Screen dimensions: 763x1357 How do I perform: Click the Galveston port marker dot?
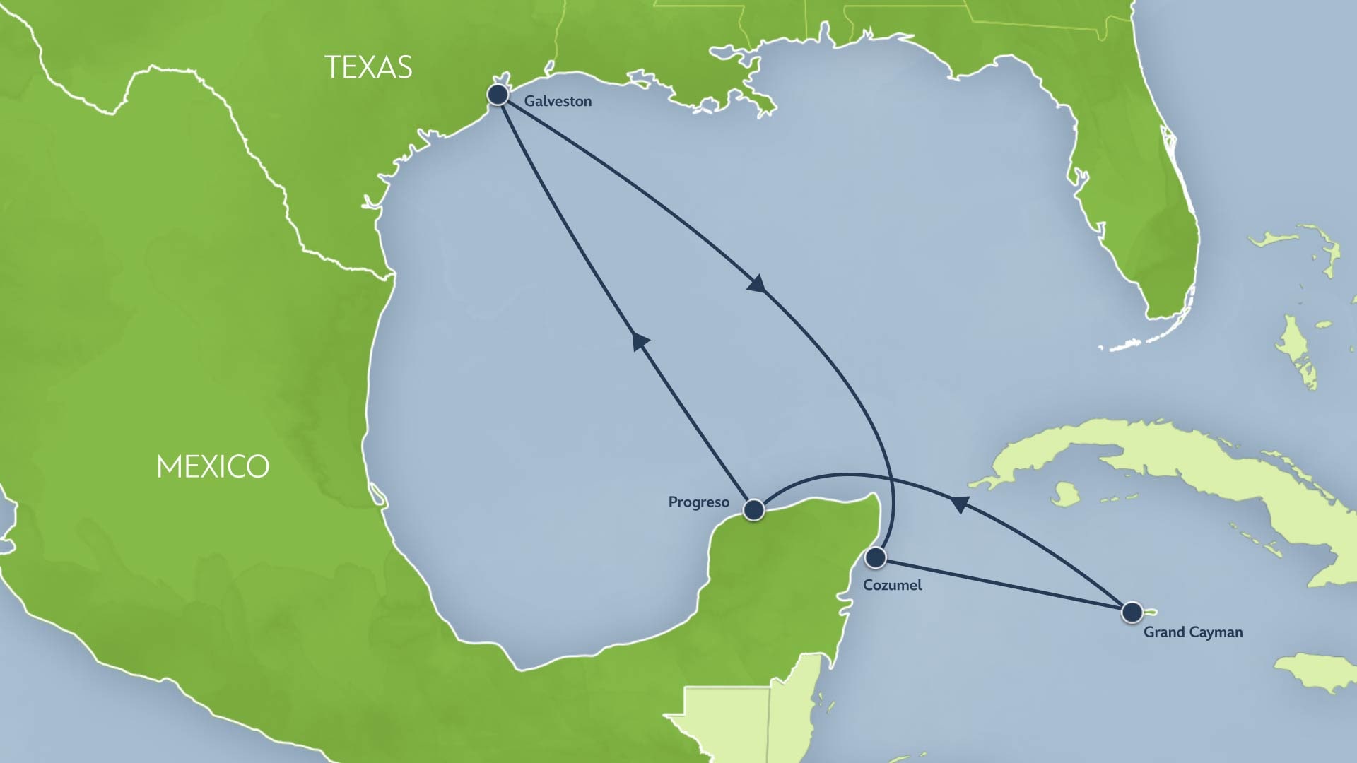point(498,94)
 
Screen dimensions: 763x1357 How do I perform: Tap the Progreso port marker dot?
point(753,509)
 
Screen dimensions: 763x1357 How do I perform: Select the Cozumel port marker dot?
point(876,557)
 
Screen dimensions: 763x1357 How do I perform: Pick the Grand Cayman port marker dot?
point(1132,612)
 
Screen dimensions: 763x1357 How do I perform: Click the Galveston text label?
point(558,101)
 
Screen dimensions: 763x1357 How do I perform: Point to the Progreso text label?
point(698,502)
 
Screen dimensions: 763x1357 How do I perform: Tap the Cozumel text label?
point(892,585)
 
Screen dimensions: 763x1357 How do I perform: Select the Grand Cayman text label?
point(1192,632)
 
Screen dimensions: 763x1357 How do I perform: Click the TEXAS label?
point(368,68)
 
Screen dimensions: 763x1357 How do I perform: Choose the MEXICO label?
point(213,467)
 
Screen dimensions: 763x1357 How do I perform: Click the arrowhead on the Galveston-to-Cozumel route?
point(757,284)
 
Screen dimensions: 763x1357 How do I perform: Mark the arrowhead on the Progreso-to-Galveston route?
point(640,341)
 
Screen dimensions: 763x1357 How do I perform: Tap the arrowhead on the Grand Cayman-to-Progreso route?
point(959,504)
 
